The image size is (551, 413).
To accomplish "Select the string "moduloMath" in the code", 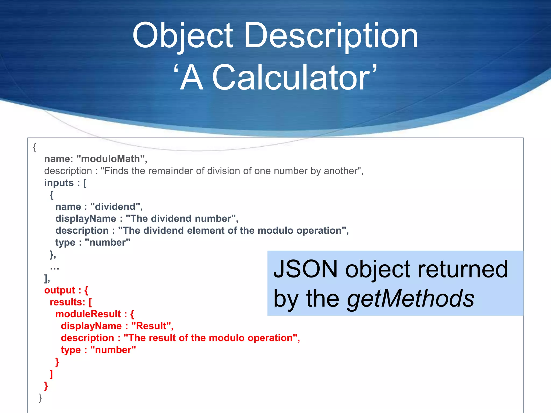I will tap(111, 159).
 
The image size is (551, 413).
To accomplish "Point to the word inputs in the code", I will tap(59, 183).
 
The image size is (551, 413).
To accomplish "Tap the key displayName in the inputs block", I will tap(86, 219).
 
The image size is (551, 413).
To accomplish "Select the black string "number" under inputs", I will tap(107, 243).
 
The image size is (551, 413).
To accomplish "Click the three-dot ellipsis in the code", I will tap(54, 267).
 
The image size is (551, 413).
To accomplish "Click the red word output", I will tap(60, 290).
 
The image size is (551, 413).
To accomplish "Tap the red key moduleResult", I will tap(88, 314).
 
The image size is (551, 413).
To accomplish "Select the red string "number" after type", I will tap(113, 350).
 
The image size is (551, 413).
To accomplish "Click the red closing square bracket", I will tap(51, 374).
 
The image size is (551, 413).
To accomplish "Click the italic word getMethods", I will tap(411, 298).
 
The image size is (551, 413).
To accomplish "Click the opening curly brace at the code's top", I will tap(35, 147).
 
